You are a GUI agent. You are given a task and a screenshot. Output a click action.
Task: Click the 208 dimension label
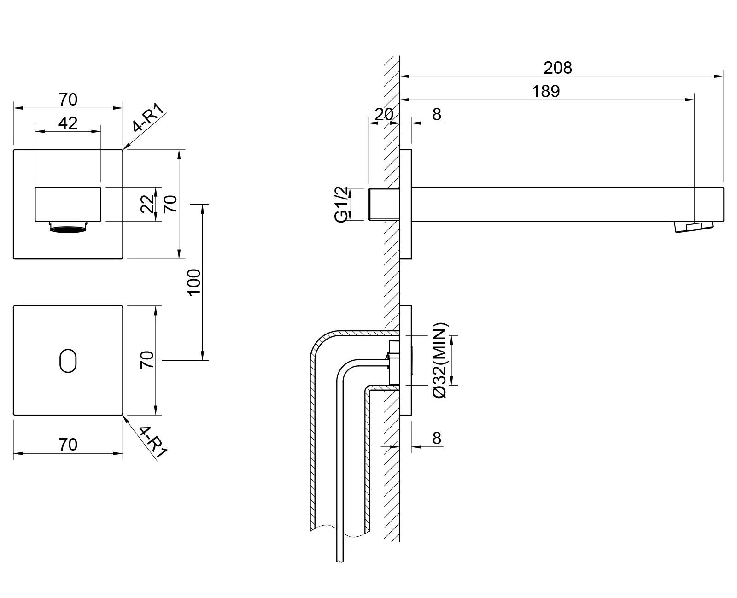[558, 68]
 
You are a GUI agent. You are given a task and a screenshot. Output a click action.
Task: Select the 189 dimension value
[546, 91]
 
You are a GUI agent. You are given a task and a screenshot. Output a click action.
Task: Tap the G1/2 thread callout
[341, 204]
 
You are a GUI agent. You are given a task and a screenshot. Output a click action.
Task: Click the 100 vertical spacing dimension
[194, 282]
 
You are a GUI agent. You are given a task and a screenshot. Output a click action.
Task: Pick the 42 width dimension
[68, 123]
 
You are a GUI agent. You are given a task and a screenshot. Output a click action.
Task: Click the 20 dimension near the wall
[383, 114]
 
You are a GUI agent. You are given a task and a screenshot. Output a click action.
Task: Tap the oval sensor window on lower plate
[68, 360]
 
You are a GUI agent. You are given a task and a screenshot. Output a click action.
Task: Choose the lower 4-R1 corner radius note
[152, 441]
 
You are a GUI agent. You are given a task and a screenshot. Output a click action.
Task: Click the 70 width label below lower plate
[68, 445]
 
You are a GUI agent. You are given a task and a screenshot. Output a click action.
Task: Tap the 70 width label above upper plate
[68, 99]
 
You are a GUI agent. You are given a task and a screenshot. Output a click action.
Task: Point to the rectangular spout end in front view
[68, 204]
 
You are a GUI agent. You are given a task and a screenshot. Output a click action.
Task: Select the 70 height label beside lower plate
[147, 360]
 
